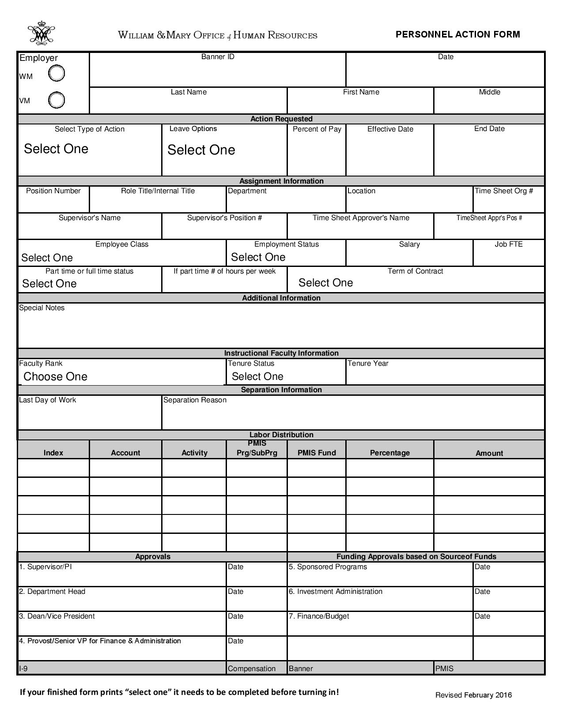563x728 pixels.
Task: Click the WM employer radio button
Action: click(57, 73)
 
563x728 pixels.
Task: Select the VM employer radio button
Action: click(57, 100)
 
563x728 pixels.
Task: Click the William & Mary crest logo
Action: click(41, 33)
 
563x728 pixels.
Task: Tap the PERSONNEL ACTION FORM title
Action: click(457, 34)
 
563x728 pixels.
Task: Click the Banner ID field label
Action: click(218, 57)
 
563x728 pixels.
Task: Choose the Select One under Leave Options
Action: click(201, 150)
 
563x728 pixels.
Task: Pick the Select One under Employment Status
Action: click(258, 257)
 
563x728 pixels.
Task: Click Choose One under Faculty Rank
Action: click(55, 376)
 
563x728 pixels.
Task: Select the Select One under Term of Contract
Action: click(325, 283)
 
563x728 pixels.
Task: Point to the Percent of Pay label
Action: click(317, 129)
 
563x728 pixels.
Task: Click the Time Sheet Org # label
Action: click(503, 191)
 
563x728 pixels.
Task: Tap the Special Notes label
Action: click(42, 308)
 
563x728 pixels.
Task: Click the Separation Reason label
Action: click(195, 400)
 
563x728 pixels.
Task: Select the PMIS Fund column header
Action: click(317, 453)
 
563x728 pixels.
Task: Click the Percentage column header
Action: click(389, 453)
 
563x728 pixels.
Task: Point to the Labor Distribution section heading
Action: click(281, 435)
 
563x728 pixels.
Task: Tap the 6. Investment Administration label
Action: click(335, 592)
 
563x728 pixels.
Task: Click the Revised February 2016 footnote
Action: click(473, 695)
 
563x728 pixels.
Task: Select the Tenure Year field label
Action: click(368, 364)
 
